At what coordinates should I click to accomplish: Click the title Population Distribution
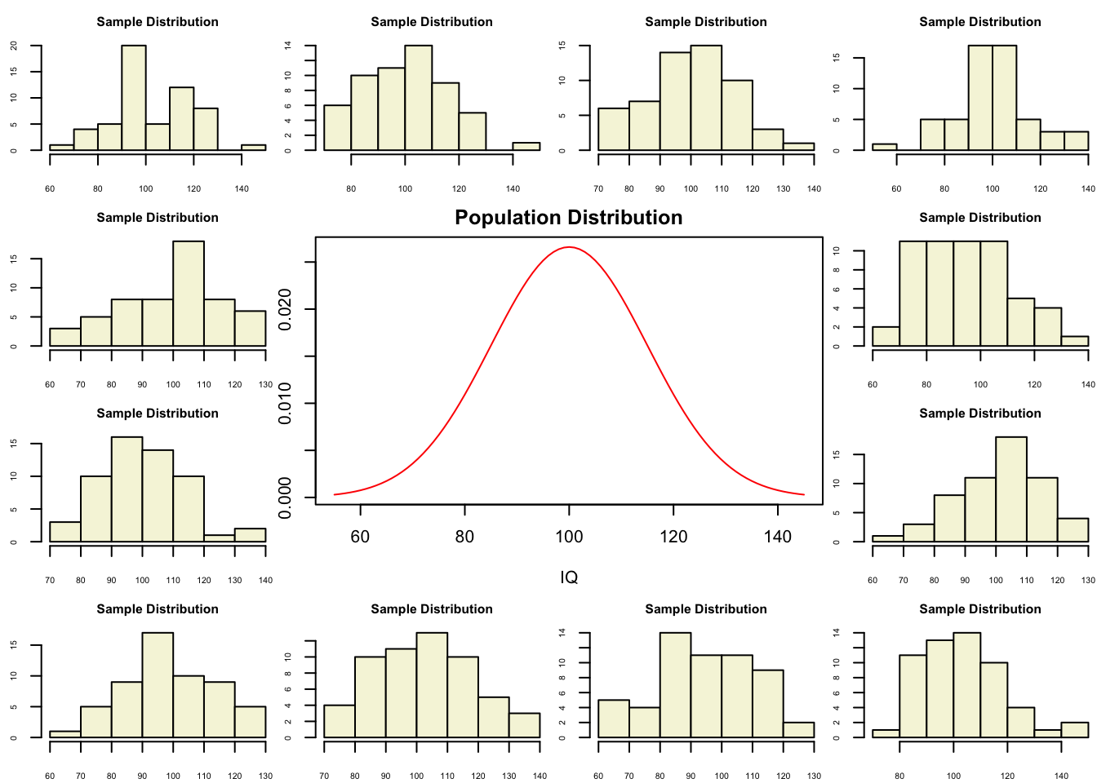(568, 218)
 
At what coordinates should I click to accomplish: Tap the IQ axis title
(569, 577)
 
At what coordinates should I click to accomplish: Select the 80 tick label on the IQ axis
(464, 537)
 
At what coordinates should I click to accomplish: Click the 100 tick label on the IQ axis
(569, 537)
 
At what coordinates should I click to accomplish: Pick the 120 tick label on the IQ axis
(673, 537)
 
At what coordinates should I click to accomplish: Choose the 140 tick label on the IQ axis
(778, 537)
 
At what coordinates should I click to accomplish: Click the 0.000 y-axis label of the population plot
(286, 498)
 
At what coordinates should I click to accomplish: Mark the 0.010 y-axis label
(286, 404)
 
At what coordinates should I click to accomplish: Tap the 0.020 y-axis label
(286, 310)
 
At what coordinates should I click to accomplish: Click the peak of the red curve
(569, 247)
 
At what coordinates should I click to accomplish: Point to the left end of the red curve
(335, 494)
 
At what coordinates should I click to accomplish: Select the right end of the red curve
(804, 494)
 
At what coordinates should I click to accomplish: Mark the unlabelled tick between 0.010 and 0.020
(309, 356)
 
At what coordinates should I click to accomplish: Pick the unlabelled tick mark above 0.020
(309, 263)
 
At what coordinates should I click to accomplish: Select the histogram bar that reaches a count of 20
(134, 98)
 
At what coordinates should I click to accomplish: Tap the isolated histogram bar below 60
(884, 147)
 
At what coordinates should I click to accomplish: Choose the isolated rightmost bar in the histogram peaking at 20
(253, 148)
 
